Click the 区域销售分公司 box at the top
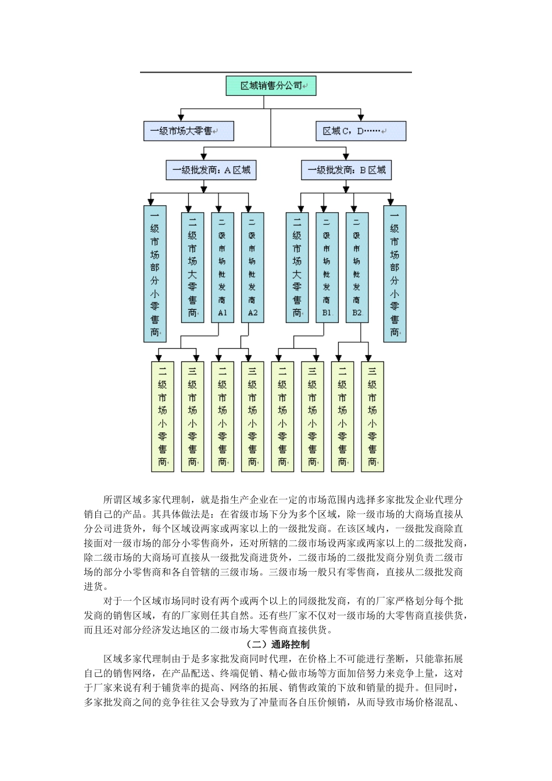click(x=271, y=86)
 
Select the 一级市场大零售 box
click(x=188, y=131)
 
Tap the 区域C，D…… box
click(x=361, y=131)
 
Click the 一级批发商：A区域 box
click(x=211, y=170)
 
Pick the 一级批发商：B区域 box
click(x=346, y=170)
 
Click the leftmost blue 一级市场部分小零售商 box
click(x=155, y=274)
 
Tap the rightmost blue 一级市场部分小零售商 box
click(x=395, y=274)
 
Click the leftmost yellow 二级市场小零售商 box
click(x=162, y=417)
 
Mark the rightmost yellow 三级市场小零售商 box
click(x=372, y=417)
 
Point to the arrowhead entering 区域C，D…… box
click(x=361, y=118)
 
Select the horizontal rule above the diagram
click(x=275, y=73)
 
